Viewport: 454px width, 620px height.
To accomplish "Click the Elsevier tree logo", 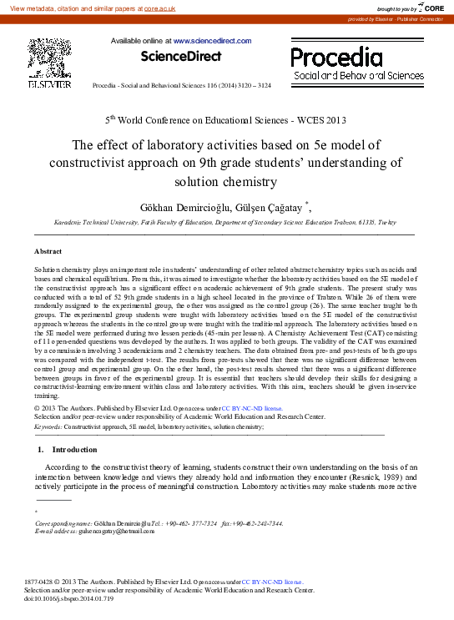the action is pos(49,58).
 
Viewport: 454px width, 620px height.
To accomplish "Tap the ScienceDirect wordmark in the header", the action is pos(181,57).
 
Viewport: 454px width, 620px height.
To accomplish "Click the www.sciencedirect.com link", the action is pos(212,40).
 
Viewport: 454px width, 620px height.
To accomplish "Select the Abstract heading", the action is pos(48,250).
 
